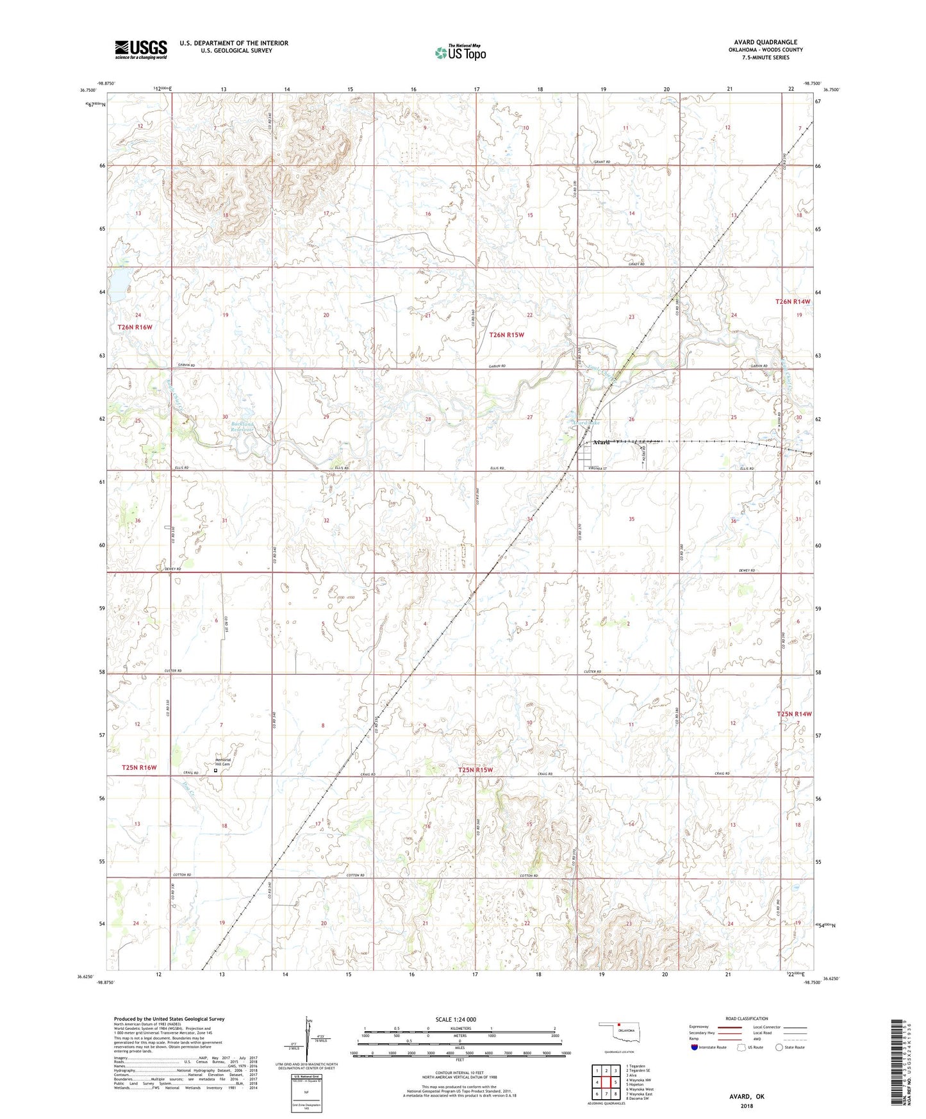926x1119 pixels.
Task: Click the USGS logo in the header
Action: click(x=141, y=49)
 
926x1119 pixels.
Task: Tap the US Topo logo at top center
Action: click(x=459, y=53)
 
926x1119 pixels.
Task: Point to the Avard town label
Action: click(x=600, y=442)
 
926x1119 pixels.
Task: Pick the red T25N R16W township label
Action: click(x=139, y=767)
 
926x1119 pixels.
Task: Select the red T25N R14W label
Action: click(x=794, y=714)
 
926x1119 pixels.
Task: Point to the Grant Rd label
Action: click(x=601, y=162)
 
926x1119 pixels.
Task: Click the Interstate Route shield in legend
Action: click(x=694, y=1047)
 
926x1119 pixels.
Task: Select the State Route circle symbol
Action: click(x=779, y=1047)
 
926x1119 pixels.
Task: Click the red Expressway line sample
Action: click(x=730, y=1027)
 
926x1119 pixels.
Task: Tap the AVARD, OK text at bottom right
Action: click(x=747, y=1097)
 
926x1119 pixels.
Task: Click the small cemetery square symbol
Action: click(x=215, y=771)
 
